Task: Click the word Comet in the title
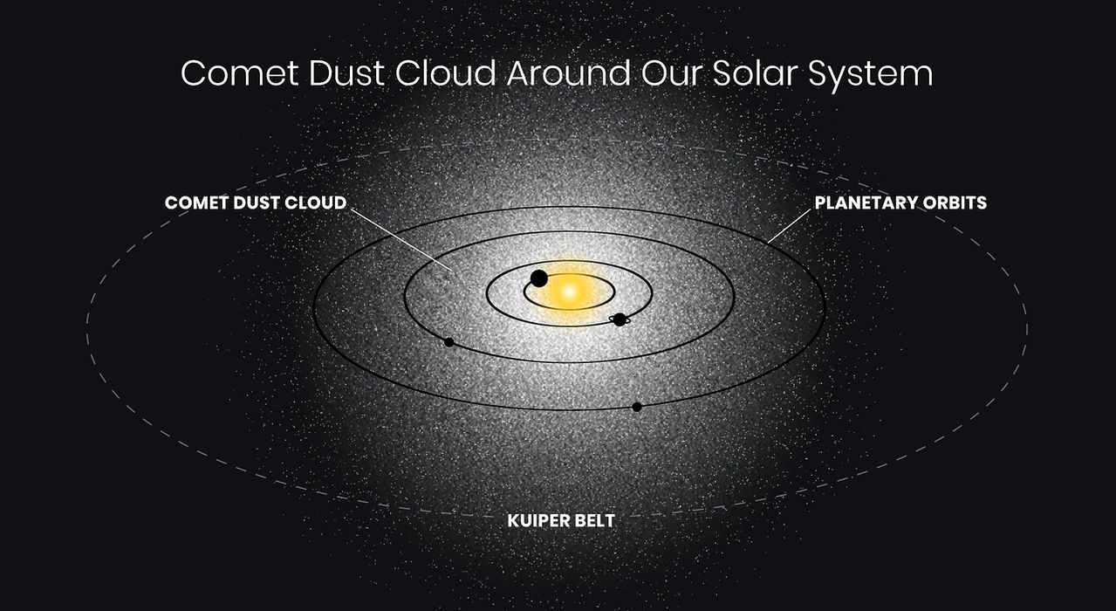pos(240,73)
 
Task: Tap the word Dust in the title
pos(346,73)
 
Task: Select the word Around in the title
pos(568,73)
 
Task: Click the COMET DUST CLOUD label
pos(256,203)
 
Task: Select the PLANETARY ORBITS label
pos(900,203)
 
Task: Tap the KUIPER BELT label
pos(561,521)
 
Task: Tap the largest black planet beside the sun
pos(538,278)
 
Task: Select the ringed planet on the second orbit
pos(620,319)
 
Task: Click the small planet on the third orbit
pos(448,342)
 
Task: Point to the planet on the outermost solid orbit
pos(637,407)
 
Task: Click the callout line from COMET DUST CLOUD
pos(401,240)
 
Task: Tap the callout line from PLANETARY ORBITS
pos(789,226)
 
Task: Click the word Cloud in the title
pos(446,73)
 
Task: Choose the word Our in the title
pos(672,73)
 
